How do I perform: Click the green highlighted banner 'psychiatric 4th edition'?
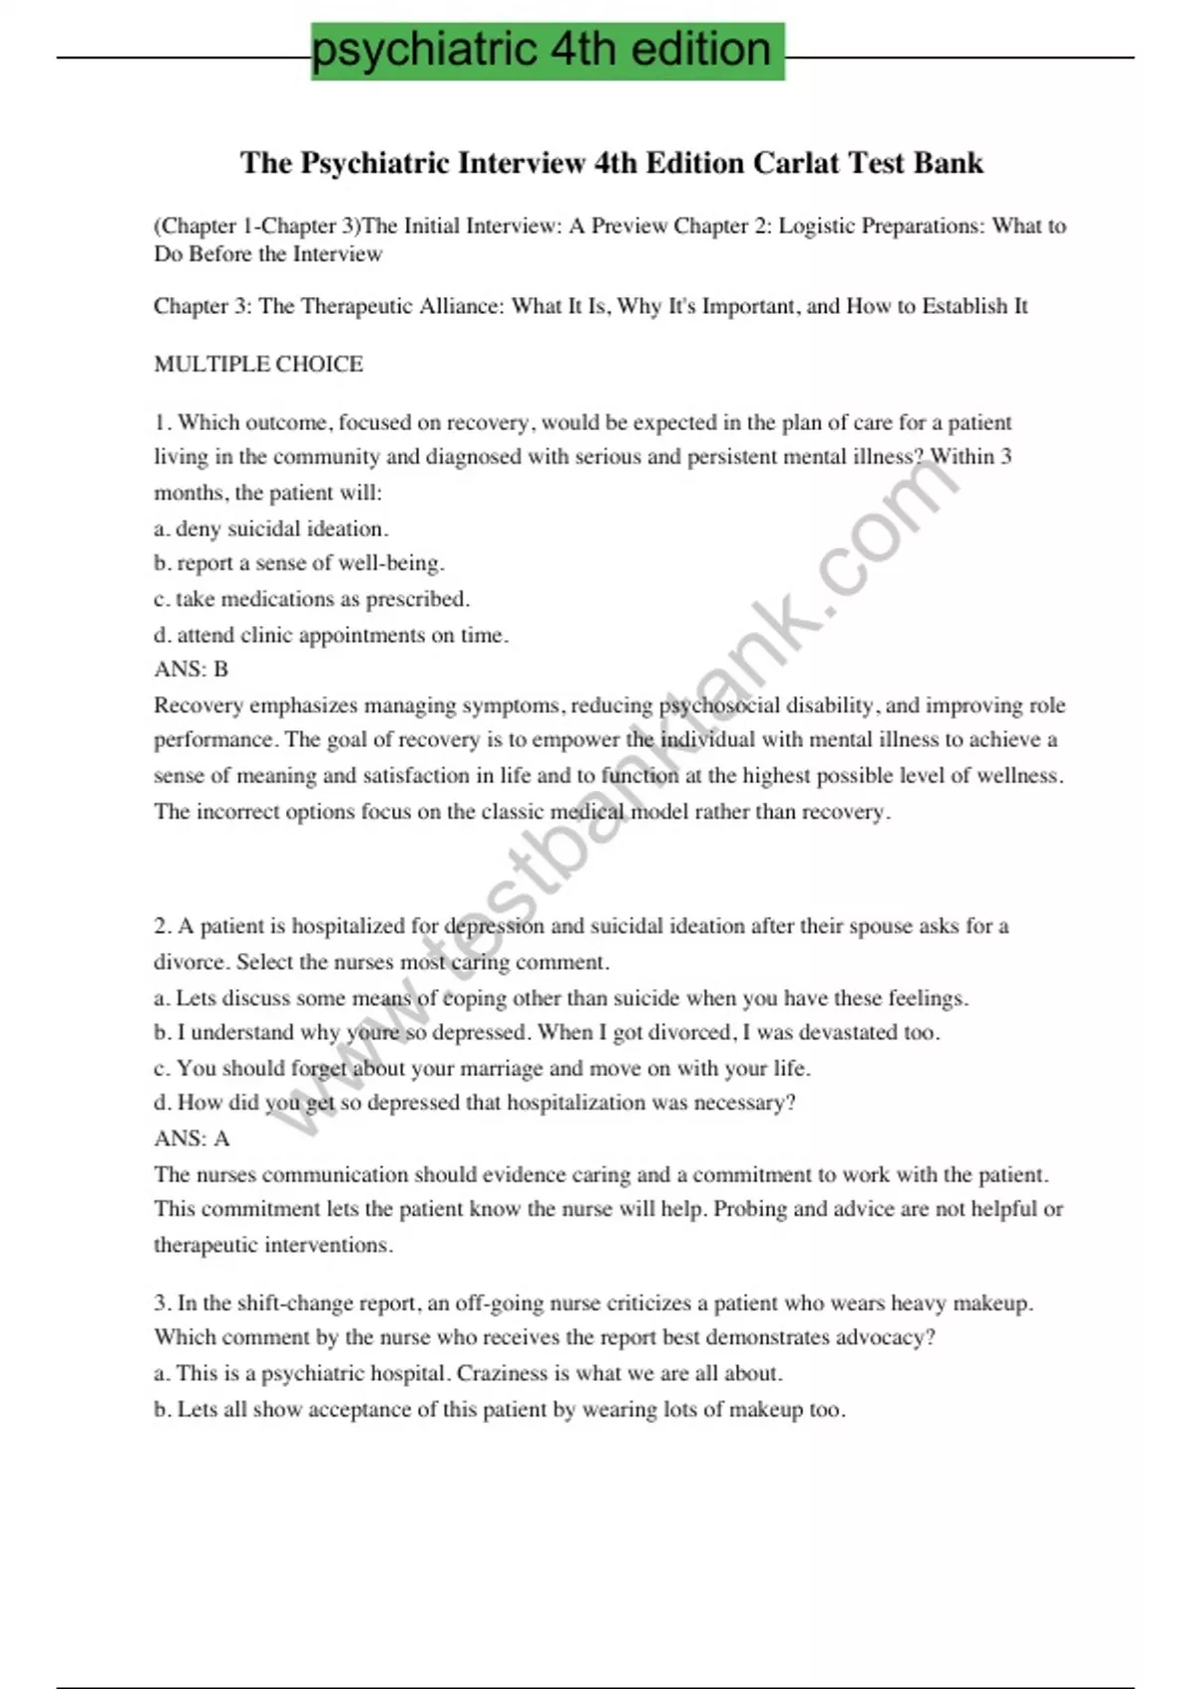[547, 50]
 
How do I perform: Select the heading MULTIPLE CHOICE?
[258, 365]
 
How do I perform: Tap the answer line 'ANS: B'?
[191, 670]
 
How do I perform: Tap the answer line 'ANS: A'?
[191, 1139]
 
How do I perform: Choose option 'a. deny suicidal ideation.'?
[271, 529]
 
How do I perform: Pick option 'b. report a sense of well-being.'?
[299, 563]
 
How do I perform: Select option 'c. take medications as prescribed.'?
[312, 599]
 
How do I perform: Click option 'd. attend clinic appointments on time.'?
[331, 635]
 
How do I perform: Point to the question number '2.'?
[163, 927]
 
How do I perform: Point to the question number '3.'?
[163, 1303]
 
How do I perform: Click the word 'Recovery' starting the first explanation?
[198, 705]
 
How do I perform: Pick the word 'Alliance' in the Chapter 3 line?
[462, 306]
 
